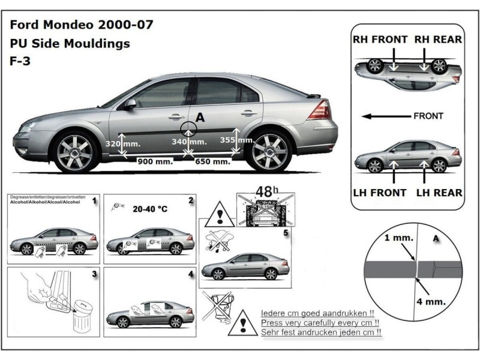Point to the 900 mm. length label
click(155, 161)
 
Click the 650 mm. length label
click(212, 161)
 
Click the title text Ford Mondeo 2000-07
click(81, 25)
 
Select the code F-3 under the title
click(19, 61)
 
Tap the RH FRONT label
click(380, 40)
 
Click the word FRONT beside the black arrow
click(428, 116)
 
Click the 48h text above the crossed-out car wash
click(265, 193)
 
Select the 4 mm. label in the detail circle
click(431, 301)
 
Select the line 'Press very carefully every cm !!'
click(316, 323)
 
